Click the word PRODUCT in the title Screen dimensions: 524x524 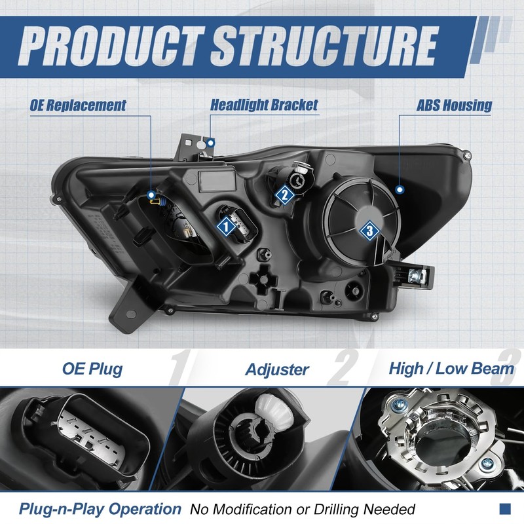[x=111, y=45]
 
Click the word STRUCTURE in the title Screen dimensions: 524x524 [x=324, y=45]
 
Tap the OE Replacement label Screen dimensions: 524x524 [x=77, y=105]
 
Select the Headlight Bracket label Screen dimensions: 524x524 [x=264, y=105]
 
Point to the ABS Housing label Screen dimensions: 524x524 [x=454, y=105]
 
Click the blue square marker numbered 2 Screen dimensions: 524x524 [x=284, y=193]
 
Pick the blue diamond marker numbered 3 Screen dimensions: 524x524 [x=369, y=230]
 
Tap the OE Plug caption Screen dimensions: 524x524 [x=92, y=369]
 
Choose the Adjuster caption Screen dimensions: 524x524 [x=277, y=369]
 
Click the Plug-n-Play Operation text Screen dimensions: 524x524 [x=100, y=508]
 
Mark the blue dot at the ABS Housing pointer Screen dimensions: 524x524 [x=400, y=188]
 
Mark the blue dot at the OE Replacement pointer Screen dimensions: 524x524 [x=151, y=194]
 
